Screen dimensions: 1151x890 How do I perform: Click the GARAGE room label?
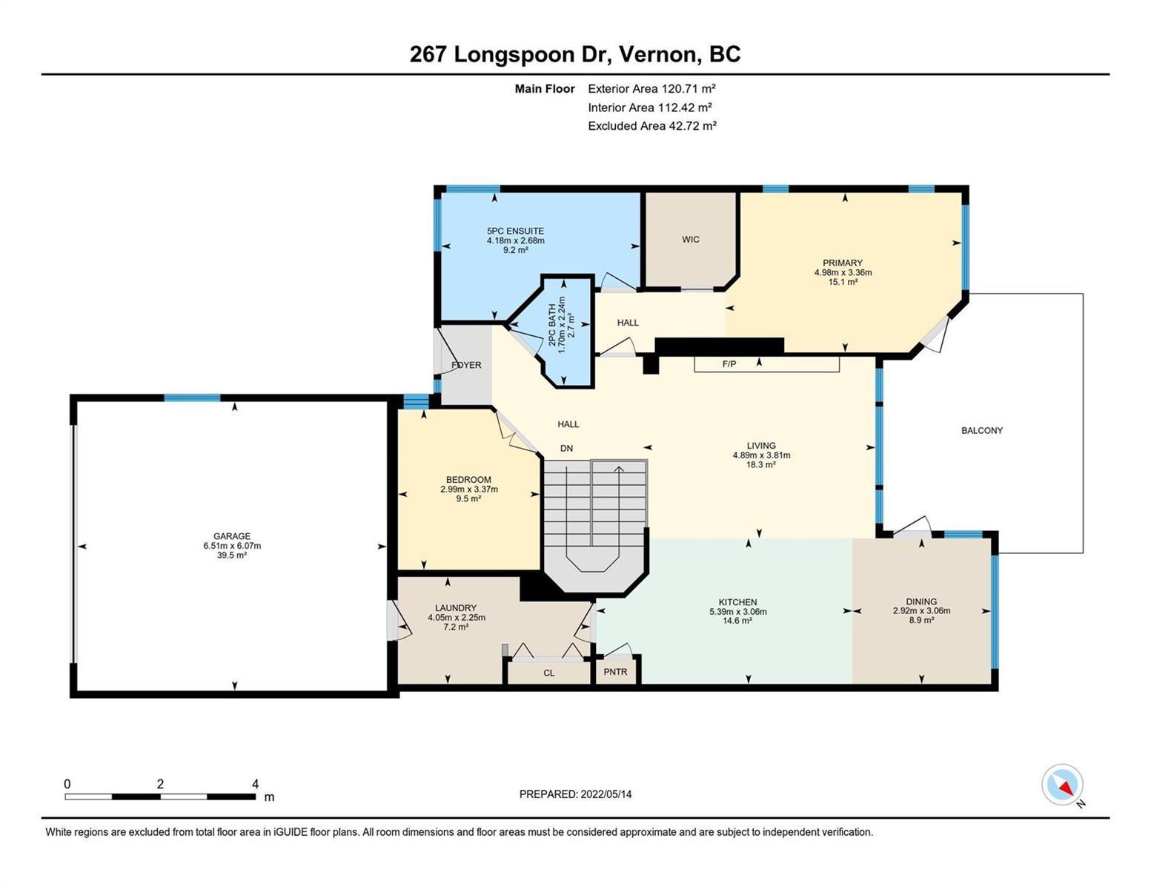click(231, 536)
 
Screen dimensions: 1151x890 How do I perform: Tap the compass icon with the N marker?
click(1062, 785)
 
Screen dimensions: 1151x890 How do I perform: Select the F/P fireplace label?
click(729, 364)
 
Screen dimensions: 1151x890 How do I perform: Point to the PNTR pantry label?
click(615, 672)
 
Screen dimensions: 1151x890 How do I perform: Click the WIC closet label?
click(690, 240)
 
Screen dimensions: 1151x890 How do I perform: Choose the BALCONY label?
click(981, 430)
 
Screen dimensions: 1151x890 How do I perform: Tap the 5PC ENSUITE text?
click(515, 231)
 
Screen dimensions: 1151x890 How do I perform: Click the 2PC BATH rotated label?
click(552, 326)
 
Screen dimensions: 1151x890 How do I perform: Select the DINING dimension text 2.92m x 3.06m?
click(921, 610)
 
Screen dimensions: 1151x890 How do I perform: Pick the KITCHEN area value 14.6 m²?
click(737, 621)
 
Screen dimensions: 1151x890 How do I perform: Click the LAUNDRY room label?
click(456, 608)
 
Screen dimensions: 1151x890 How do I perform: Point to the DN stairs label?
click(566, 448)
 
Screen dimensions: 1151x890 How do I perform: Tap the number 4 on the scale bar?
click(255, 783)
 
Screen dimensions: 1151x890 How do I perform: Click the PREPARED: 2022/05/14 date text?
click(575, 794)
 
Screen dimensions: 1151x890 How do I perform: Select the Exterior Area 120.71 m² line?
click(651, 88)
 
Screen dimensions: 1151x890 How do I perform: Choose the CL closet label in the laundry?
click(548, 673)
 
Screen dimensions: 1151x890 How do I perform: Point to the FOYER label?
click(466, 365)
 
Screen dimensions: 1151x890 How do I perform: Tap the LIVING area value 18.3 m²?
click(761, 464)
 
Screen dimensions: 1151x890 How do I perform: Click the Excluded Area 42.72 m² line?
click(652, 125)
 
